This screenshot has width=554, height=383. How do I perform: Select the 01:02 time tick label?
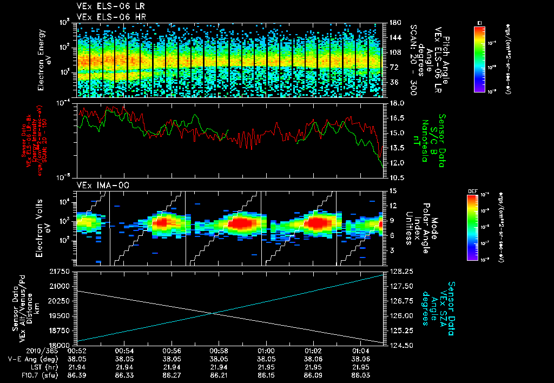313,351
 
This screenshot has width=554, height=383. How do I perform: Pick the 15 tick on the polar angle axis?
393,190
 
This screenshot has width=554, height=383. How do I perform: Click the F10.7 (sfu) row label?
32,374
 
